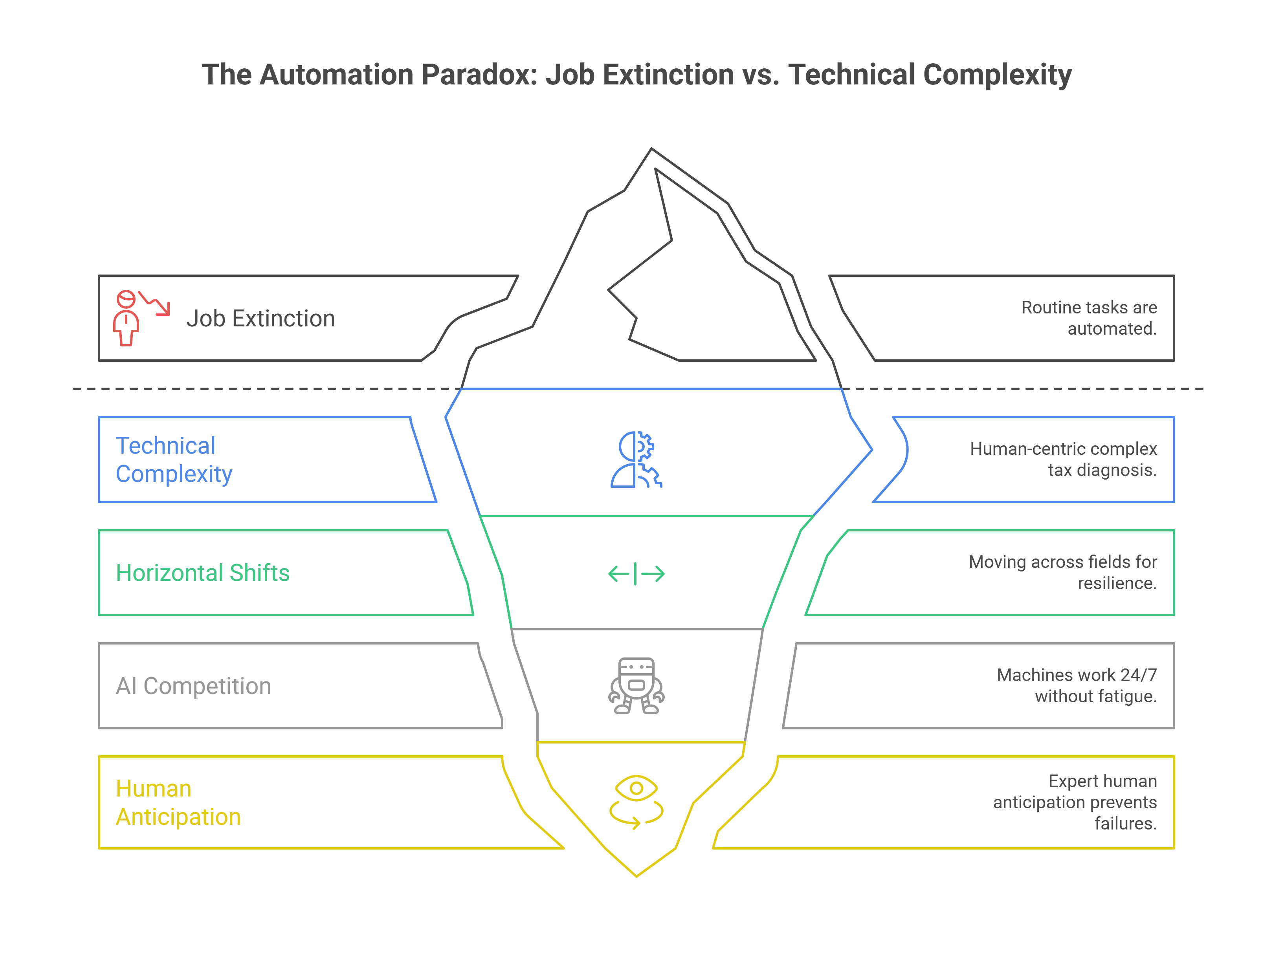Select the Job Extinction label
coord(260,319)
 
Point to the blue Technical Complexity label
coord(173,460)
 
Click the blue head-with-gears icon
coord(636,459)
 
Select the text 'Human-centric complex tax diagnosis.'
coord(1063,459)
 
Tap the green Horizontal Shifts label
coord(202,573)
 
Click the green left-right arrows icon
coord(636,573)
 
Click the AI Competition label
coord(193,686)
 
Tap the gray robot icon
coord(636,685)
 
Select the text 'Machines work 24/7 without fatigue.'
coord(1076,685)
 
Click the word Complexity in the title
coord(997,75)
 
